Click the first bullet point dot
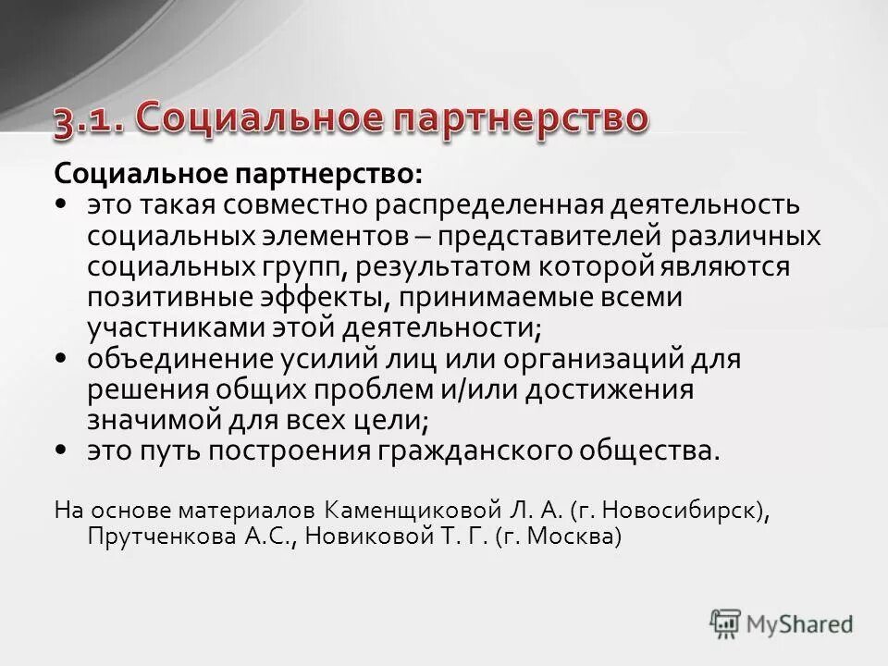60,203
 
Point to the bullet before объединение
60,357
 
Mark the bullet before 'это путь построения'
60,450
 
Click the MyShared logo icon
726,622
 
